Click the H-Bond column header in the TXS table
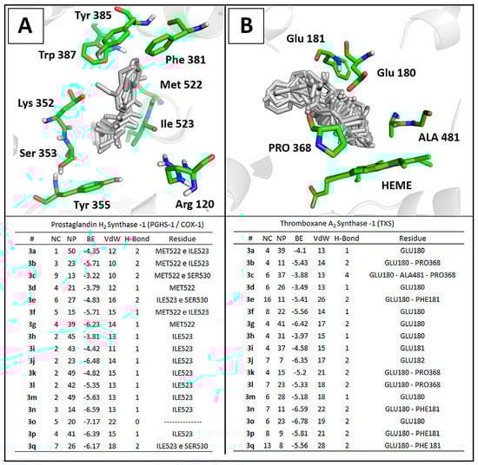[351, 237]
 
